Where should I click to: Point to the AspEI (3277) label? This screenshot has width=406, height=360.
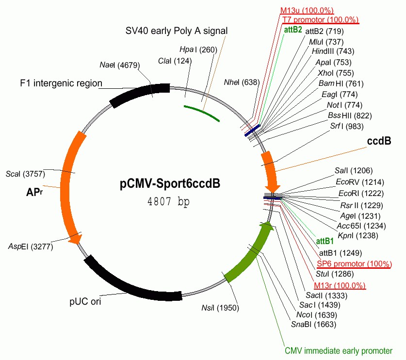tap(31, 246)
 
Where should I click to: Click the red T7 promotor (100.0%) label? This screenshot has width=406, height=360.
tap(320, 20)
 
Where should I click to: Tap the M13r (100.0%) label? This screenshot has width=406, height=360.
tap(340, 285)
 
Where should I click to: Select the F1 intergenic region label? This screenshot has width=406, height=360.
tap(61, 83)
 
